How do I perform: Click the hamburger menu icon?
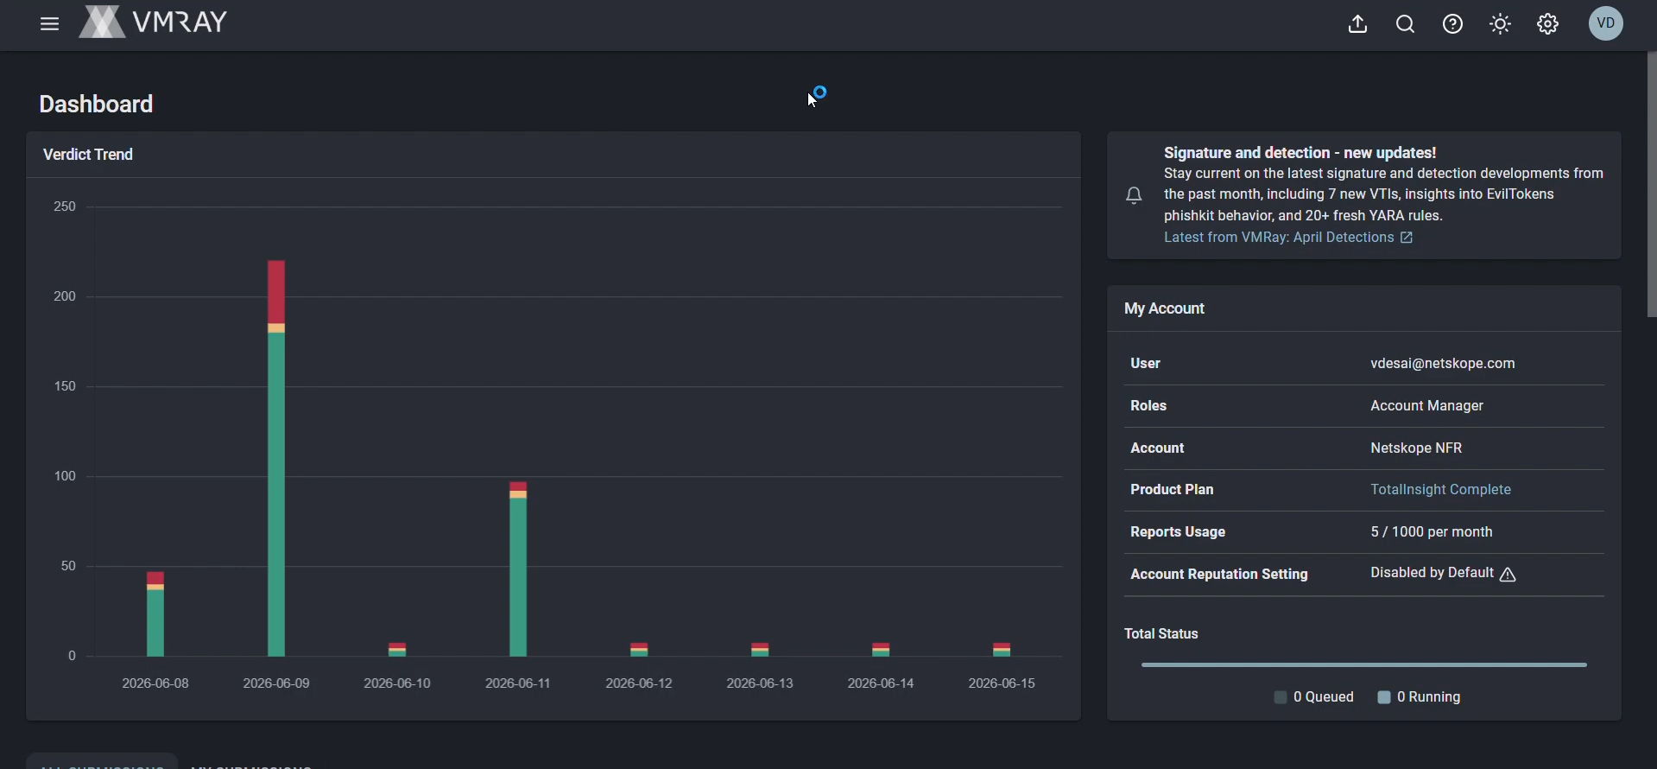(x=49, y=24)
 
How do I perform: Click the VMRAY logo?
(x=153, y=22)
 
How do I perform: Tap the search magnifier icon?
(x=1406, y=24)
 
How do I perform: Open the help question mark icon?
(x=1453, y=24)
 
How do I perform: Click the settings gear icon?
(x=1548, y=24)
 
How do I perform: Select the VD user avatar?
(x=1607, y=23)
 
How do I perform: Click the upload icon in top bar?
(x=1358, y=24)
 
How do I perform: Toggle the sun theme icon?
(x=1501, y=24)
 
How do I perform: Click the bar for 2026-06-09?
(x=276, y=458)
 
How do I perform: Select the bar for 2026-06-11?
(x=518, y=569)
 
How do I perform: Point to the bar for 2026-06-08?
(x=155, y=613)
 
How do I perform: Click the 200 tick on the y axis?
(x=65, y=296)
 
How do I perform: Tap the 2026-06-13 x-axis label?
(x=760, y=683)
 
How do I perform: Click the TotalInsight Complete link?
(x=1441, y=490)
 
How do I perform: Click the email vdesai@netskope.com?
(x=1443, y=364)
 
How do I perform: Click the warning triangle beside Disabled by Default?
(x=1508, y=575)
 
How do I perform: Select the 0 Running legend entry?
(x=1420, y=697)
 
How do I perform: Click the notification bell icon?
(x=1135, y=196)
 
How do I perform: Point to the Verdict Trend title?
(x=88, y=155)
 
